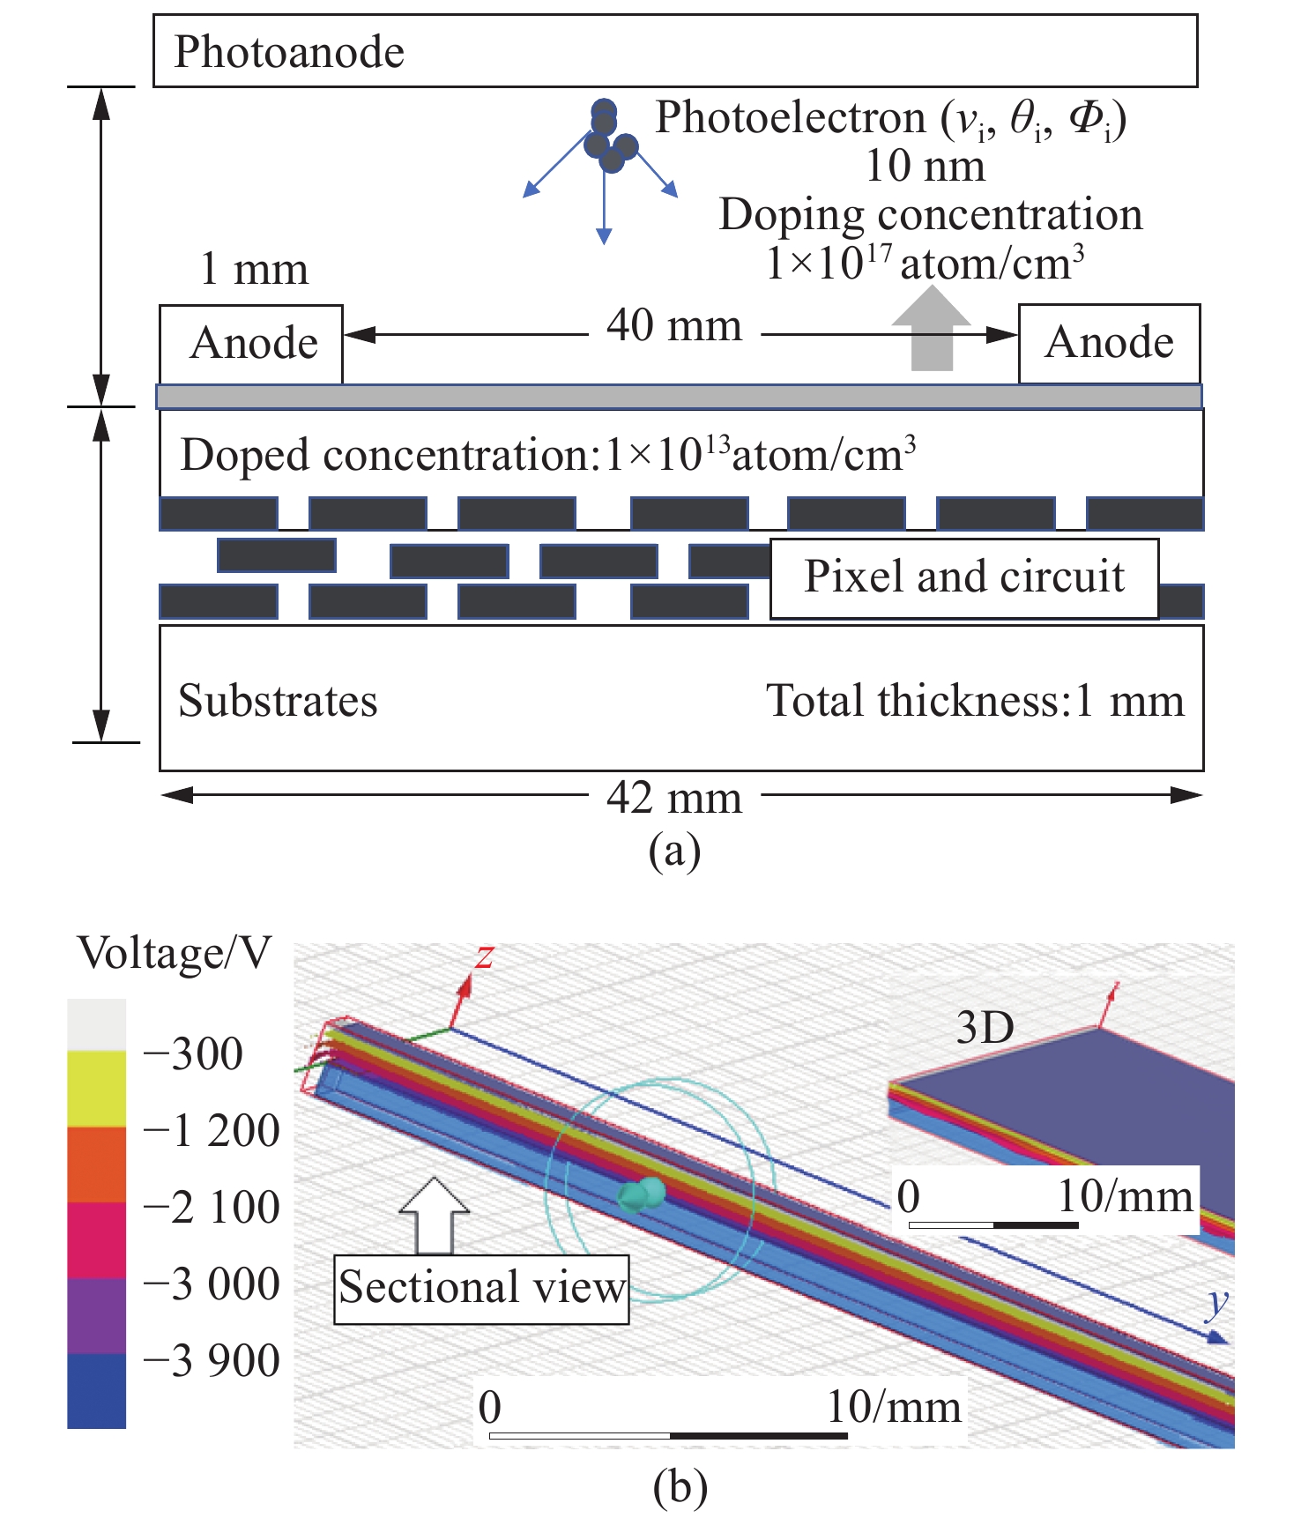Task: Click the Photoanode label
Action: (x=289, y=52)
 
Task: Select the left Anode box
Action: (x=251, y=344)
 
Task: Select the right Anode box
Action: (x=1109, y=344)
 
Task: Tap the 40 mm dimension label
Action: (x=674, y=326)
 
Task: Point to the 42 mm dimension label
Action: (x=674, y=798)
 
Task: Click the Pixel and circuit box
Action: (x=964, y=578)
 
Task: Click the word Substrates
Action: (x=278, y=702)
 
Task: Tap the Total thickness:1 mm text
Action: (x=975, y=702)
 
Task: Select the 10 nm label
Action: (x=926, y=166)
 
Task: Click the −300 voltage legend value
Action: (x=193, y=1053)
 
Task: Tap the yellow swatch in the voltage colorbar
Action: (x=97, y=1089)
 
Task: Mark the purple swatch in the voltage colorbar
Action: (x=97, y=1316)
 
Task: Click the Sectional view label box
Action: (x=481, y=1289)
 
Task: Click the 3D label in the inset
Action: (x=985, y=1028)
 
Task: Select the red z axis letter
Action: (x=484, y=956)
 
